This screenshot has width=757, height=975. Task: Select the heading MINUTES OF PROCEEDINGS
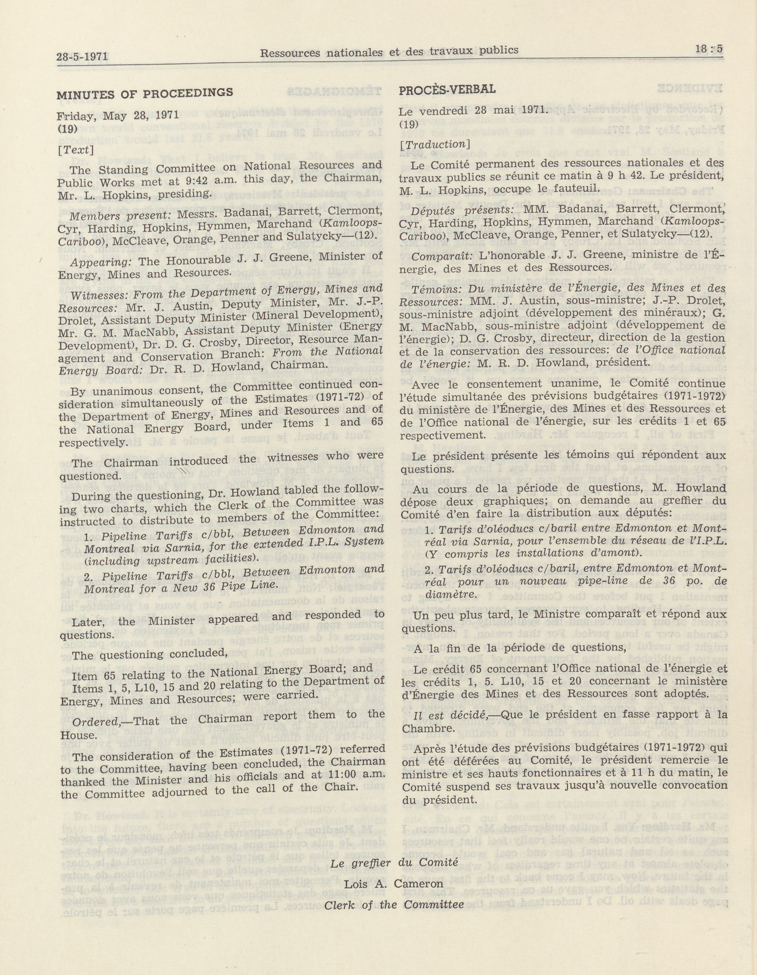(x=144, y=93)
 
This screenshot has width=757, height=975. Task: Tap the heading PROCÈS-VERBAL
(x=447, y=89)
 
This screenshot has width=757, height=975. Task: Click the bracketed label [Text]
(x=76, y=149)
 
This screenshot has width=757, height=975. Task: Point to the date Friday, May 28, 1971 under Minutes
(x=117, y=116)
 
